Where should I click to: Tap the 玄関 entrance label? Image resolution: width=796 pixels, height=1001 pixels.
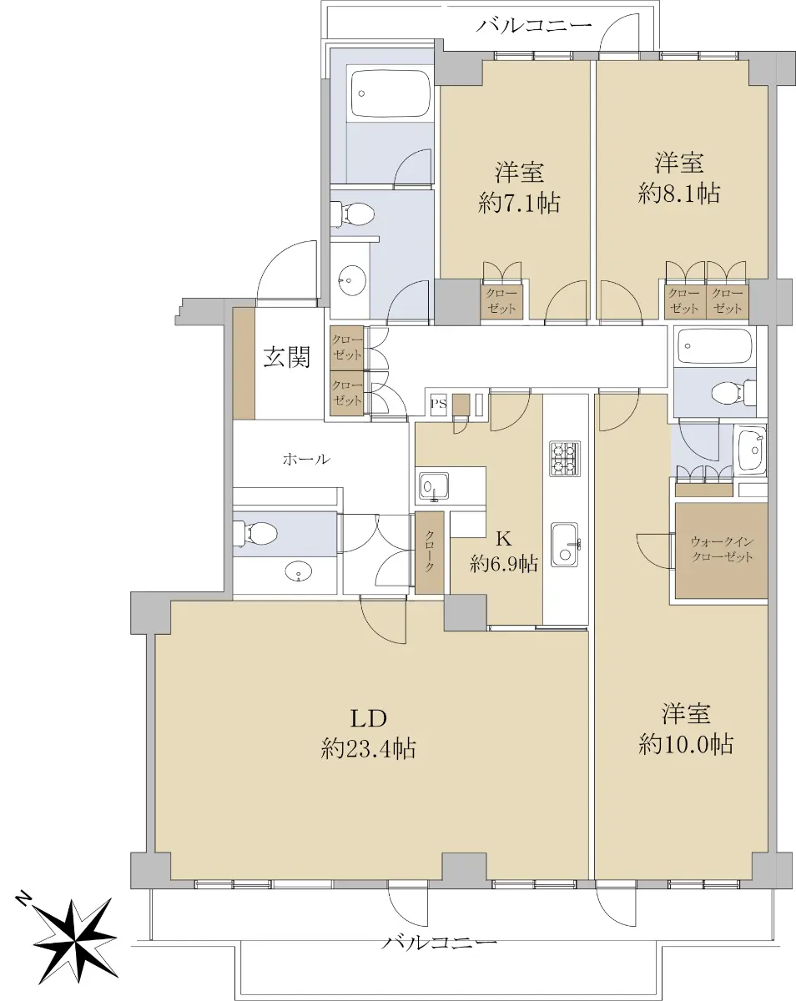click(286, 358)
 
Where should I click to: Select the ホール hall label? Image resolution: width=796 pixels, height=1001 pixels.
click(306, 460)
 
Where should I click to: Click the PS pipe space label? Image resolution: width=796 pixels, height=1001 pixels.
click(438, 403)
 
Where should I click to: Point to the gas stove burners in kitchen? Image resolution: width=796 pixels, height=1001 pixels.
click(565, 458)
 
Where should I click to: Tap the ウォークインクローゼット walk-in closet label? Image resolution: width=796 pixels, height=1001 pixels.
click(722, 550)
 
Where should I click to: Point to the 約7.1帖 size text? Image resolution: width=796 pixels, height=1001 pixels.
click(518, 203)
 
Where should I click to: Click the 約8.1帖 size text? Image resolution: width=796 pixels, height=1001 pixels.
click(678, 193)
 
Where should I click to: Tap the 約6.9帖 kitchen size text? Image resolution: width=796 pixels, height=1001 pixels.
click(503, 564)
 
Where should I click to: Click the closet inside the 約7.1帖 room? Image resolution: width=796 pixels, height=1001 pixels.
click(501, 301)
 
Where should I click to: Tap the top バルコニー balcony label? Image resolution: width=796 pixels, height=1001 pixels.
click(533, 26)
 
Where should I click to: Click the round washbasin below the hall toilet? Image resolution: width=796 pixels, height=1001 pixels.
click(297, 571)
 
